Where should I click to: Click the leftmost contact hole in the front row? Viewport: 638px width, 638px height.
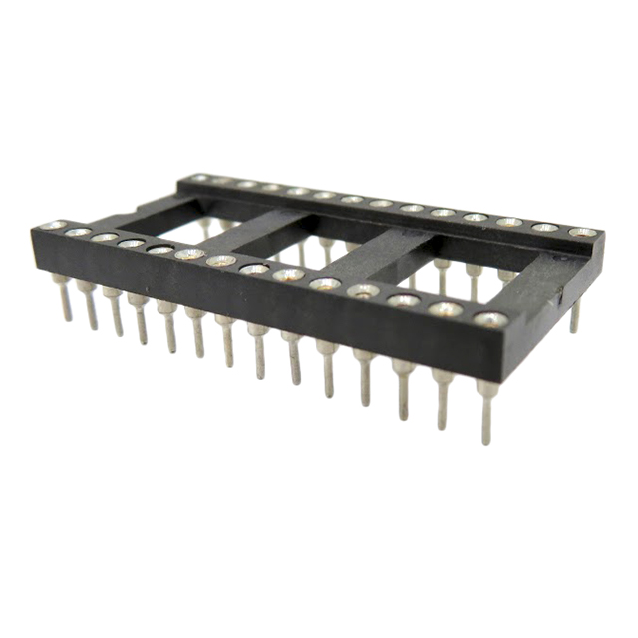coord(56,226)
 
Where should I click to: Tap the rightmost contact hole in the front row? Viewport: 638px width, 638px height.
coord(490,319)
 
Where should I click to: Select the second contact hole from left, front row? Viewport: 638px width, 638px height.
coord(79,232)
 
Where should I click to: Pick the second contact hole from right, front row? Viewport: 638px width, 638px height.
coord(446,309)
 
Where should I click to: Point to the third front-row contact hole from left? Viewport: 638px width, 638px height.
coord(105,237)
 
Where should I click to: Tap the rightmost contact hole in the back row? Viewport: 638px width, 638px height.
coord(582,233)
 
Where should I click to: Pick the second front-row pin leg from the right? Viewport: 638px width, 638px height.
coord(443,398)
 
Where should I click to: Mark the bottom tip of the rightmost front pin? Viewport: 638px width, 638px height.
coord(486,440)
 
